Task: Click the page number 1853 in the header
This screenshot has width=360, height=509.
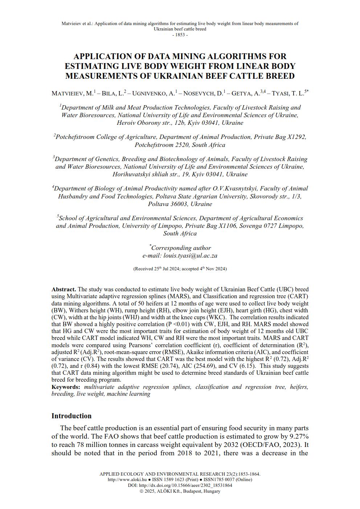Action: pyautogui.click(x=180, y=35)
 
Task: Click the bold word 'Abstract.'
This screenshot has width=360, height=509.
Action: pyautogui.click(x=64, y=290)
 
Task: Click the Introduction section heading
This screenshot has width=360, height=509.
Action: pyautogui.click(x=71, y=416)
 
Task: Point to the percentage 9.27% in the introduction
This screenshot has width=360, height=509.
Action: pyautogui.click(x=299, y=436)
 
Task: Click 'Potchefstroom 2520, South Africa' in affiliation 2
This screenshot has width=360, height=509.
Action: pyautogui.click(x=180, y=145)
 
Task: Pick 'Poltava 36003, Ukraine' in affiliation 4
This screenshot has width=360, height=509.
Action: pyautogui.click(x=180, y=204)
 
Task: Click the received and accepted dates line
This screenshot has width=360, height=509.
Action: pyautogui.click(x=180, y=269)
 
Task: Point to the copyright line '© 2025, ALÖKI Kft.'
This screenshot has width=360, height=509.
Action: pyautogui.click(x=180, y=491)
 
